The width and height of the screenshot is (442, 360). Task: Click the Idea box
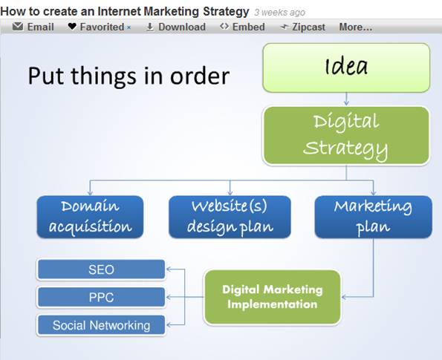[346, 68]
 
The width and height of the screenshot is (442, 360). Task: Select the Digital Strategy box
[346, 136]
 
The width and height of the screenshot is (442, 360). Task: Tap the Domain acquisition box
[90, 217]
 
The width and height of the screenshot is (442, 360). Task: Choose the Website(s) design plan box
[230, 217]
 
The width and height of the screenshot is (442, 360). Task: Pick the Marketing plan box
[373, 217]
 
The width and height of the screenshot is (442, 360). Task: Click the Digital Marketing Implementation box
[272, 297]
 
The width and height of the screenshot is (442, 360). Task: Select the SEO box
[101, 269]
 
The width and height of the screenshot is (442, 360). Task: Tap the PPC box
[101, 297]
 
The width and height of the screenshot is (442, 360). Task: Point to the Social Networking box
[101, 325]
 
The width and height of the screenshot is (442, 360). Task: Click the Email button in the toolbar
[33, 27]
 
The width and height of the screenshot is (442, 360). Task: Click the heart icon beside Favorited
[72, 27]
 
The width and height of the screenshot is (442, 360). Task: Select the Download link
[176, 27]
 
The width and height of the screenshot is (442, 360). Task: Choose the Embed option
[242, 27]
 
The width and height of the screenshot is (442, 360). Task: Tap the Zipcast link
[303, 27]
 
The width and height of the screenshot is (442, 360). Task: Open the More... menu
[356, 27]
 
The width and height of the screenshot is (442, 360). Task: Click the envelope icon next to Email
[18, 26]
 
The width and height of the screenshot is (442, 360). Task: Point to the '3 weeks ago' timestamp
[279, 13]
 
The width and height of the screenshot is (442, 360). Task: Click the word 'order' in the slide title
[200, 76]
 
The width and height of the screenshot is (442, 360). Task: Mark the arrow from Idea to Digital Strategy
[346, 99]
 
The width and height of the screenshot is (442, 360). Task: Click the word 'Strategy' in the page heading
[226, 12]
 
